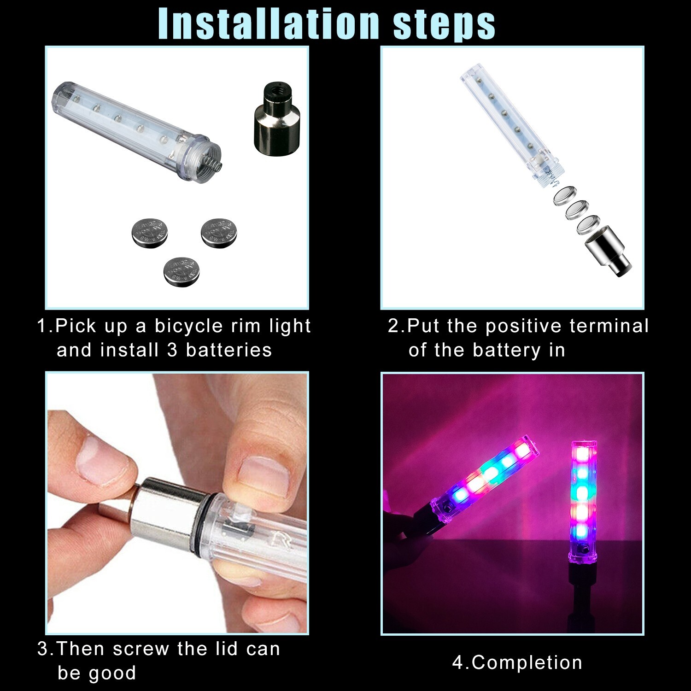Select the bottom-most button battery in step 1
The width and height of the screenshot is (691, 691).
[182, 272]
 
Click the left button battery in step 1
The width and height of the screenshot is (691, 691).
[150, 233]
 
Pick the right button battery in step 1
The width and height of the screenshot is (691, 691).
[220, 233]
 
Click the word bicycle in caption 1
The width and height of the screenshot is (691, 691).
[188, 326]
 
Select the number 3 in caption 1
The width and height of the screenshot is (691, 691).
[172, 350]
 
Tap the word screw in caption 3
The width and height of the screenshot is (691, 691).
[141, 649]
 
